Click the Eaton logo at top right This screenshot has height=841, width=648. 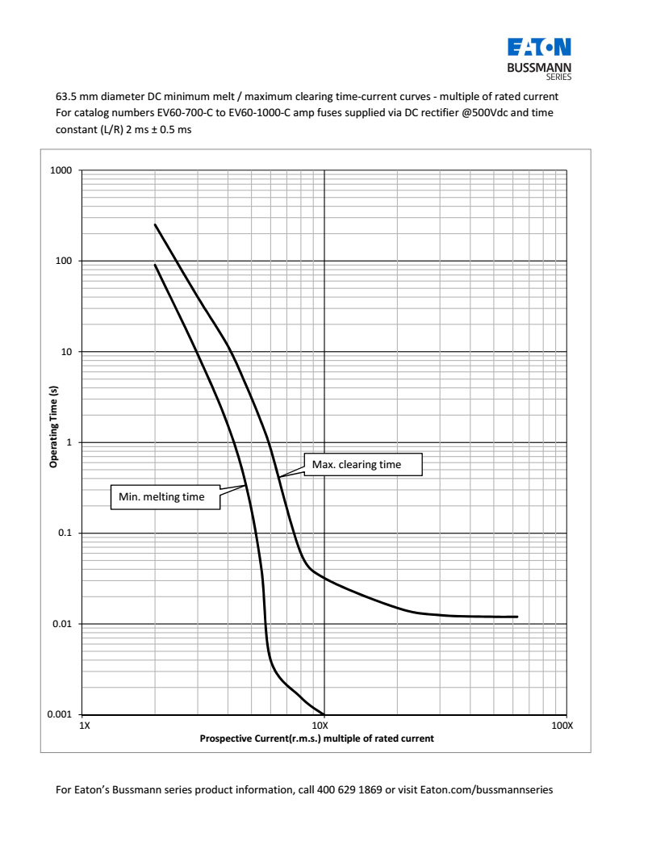point(539,47)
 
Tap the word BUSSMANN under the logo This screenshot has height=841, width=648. point(539,67)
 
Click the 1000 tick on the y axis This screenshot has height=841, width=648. point(63,171)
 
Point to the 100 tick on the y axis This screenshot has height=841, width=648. point(65,262)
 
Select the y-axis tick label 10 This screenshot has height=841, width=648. point(68,353)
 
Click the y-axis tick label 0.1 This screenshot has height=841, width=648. point(66,533)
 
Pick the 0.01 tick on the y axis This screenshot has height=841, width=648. point(64,625)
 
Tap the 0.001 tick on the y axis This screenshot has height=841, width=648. point(61,715)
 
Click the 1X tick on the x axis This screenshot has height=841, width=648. point(83,726)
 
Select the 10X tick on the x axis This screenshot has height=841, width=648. point(324,726)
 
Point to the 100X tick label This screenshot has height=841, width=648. point(562,726)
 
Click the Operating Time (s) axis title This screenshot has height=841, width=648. point(53,427)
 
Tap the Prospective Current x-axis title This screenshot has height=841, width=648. point(317,738)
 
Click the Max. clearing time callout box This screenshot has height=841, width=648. point(364,465)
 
